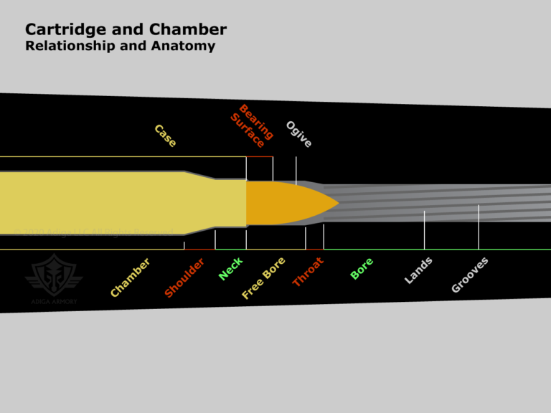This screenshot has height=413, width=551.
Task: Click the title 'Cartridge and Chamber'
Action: click(126, 29)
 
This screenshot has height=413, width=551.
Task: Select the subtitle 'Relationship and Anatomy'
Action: click(120, 47)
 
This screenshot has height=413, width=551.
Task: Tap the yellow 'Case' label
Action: click(165, 136)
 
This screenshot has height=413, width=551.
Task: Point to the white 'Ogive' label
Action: click(298, 135)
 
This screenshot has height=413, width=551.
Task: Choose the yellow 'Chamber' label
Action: click(131, 277)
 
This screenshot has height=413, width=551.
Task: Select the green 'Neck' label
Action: click(231, 268)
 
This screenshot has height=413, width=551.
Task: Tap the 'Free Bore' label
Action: click(264, 277)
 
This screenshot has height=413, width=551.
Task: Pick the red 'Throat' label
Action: click(308, 272)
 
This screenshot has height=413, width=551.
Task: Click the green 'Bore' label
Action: click(362, 268)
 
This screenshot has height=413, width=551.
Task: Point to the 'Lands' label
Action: click(418, 270)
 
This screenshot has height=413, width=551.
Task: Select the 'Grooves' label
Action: click(470, 274)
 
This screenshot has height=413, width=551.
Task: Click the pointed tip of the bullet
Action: click(337, 204)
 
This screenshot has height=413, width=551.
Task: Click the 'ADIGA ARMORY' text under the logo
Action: click(54, 301)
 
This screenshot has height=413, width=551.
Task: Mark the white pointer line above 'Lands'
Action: click(424, 229)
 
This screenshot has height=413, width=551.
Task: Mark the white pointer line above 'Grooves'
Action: click(479, 227)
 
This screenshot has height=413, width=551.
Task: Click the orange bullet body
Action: click(280, 204)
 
